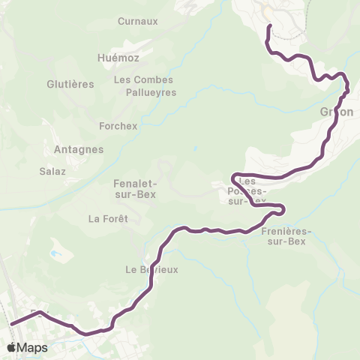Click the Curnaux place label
coord(138,21)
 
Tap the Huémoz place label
coord(118,58)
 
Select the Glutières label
coord(70,84)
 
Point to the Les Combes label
coord(143,79)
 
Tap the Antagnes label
coord(79,149)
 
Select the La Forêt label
coord(109,219)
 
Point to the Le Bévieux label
coord(152,270)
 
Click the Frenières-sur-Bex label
coord(285,236)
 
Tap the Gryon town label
coord(337,112)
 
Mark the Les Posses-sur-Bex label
coord(247,191)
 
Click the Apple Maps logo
coord(27,347)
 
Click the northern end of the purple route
coord(269,26)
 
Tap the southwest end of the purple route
coord(12,325)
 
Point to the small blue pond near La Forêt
coord(55,254)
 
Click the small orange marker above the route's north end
coord(265,10)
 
